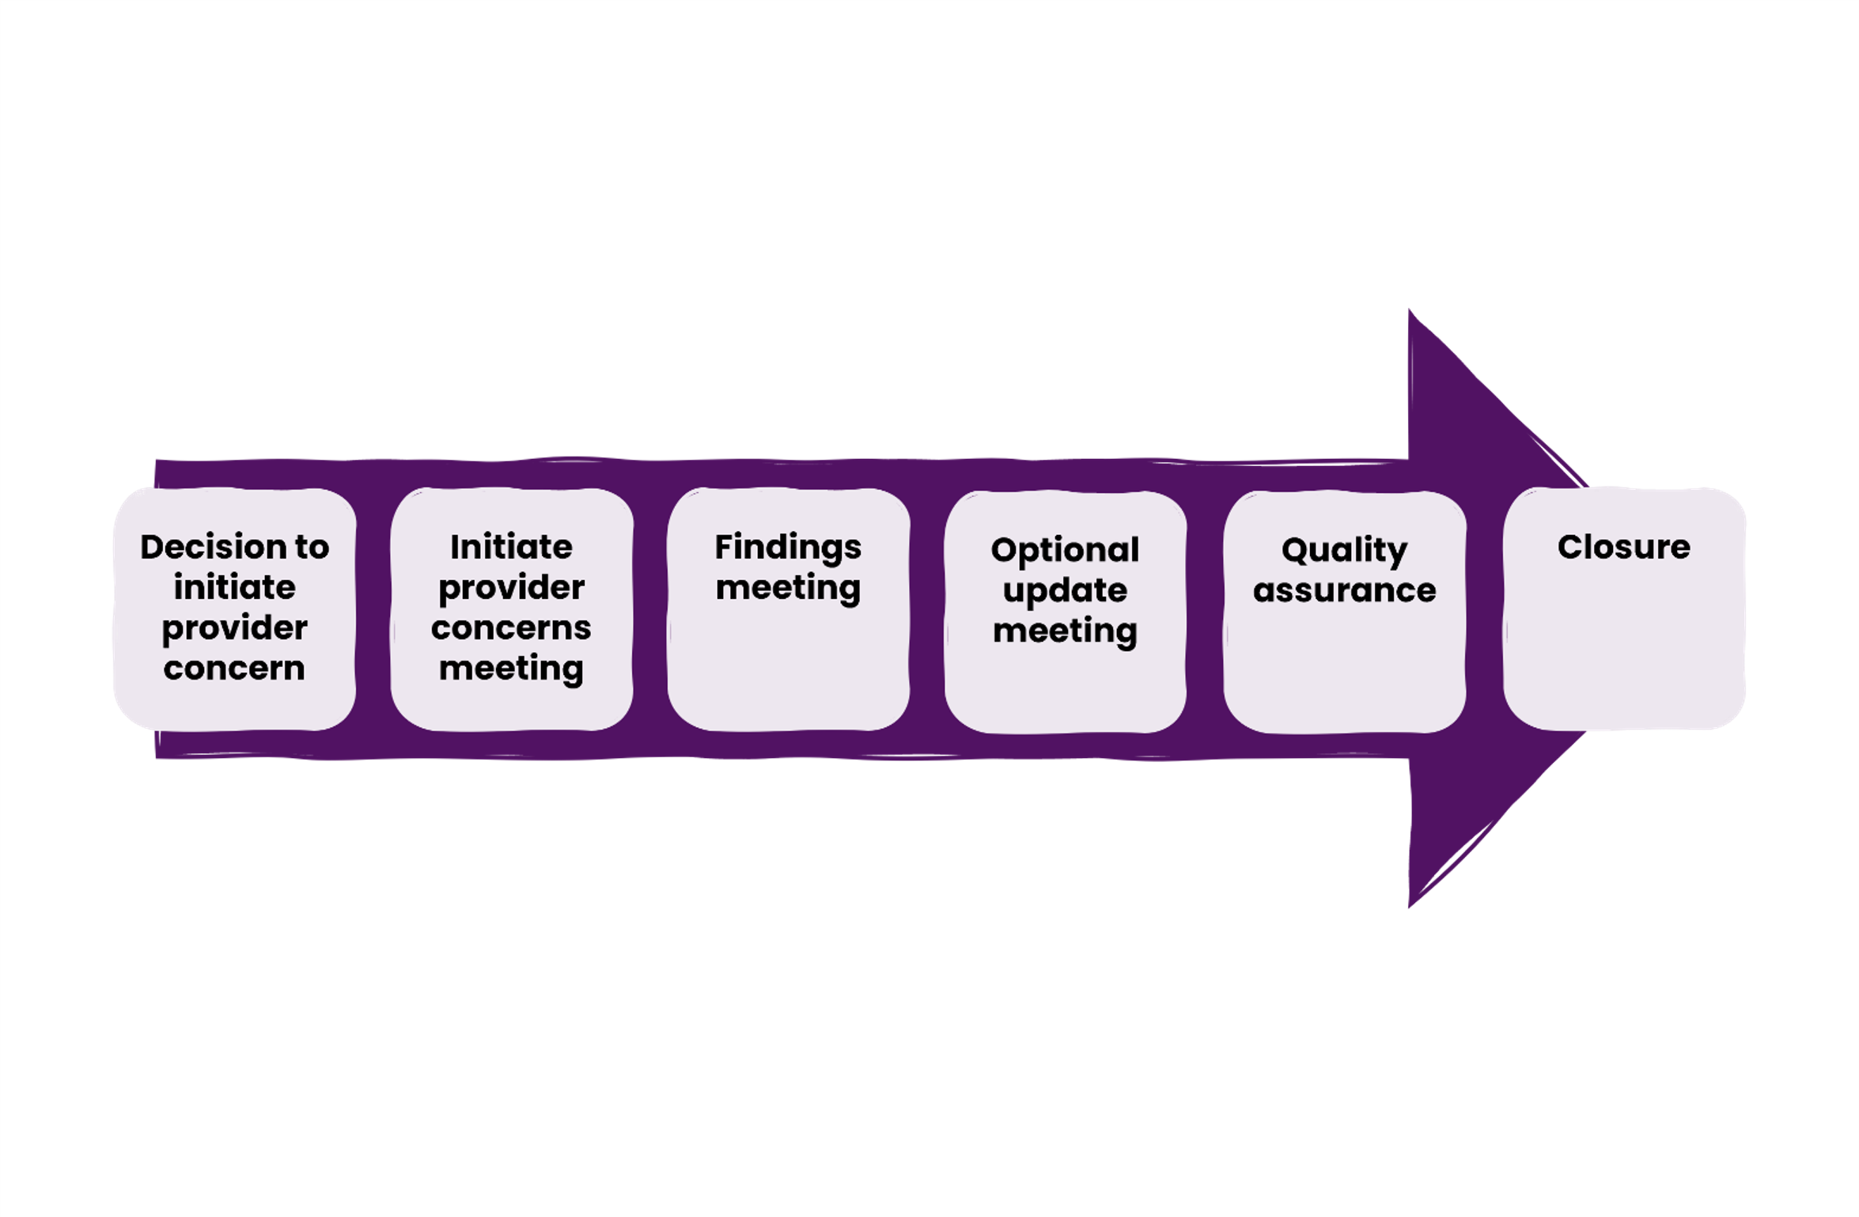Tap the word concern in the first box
click(234, 669)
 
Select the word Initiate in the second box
click(511, 548)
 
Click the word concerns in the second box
click(511, 629)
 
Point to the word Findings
click(788, 548)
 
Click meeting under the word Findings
click(788, 589)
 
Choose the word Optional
click(1065, 550)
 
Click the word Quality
click(1344, 550)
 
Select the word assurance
click(1344, 591)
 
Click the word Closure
click(1623, 548)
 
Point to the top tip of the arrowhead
click(1411, 313)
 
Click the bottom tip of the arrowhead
click(1411, 904)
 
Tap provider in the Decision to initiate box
click(234, 629)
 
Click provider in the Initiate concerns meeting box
click(511, 589)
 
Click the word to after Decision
click(311, 548)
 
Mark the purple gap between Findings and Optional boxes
click(927, 609)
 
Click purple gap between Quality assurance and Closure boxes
click(1485, 609)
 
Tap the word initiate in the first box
click(234, 588)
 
